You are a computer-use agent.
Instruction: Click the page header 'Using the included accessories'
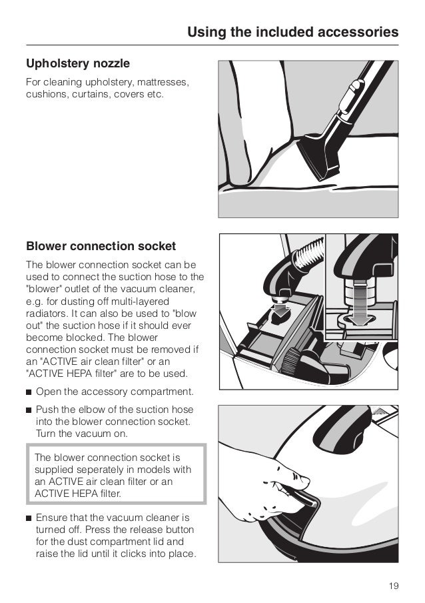click(x=292, y=31)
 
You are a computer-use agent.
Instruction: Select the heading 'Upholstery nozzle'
click(x=77, y=64)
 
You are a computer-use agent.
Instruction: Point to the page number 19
click(x=393, y=586)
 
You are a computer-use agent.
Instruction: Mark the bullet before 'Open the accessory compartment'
click(x=29, y=391)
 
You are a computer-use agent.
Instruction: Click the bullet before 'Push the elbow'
click(x=29, y=410)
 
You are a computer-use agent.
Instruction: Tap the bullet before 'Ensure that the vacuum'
click(x=29, y=518)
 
